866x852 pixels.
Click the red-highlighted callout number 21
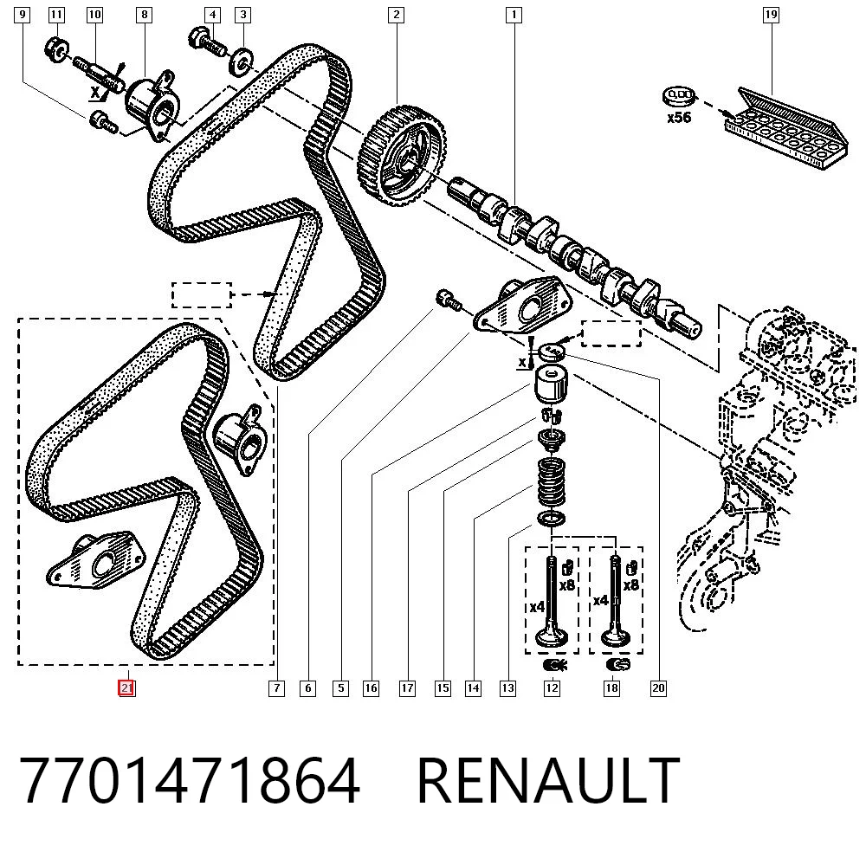point(126,688)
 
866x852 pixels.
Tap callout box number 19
point(771,15)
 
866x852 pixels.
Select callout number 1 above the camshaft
point(514,15)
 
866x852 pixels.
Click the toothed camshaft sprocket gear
point(402,156)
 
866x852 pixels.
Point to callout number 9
point(23,15)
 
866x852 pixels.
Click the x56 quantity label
point(679,118)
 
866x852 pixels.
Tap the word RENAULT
point(548,780)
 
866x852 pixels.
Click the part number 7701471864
point(190,780)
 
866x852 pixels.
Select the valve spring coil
point(551,482)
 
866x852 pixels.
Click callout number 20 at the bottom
point(658,688)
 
